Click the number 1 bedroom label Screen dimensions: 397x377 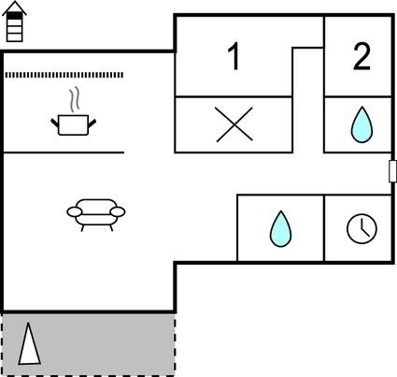(234, 56)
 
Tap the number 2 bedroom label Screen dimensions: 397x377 (362, 56)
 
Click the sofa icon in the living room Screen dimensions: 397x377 (96, 215)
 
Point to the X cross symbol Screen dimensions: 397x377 (234, 124)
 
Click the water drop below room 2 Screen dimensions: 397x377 (362, 124)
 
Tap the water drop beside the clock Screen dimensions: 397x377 (280, 229)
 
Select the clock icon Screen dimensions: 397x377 (362, 228)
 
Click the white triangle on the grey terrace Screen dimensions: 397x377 (29, 346)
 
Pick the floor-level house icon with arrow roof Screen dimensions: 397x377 (14, 22)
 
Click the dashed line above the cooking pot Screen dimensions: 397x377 (64, 75)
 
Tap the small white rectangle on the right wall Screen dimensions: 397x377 (392, 171)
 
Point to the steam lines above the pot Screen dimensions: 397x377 (74, 100)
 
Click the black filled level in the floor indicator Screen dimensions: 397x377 (14, 16)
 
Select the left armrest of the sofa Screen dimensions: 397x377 (75, 212)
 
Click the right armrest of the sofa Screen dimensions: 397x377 (118, 212)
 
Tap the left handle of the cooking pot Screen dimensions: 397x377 (55, 123)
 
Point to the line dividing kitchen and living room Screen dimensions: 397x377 (64, 152)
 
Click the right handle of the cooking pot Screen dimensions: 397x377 (92, 123)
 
